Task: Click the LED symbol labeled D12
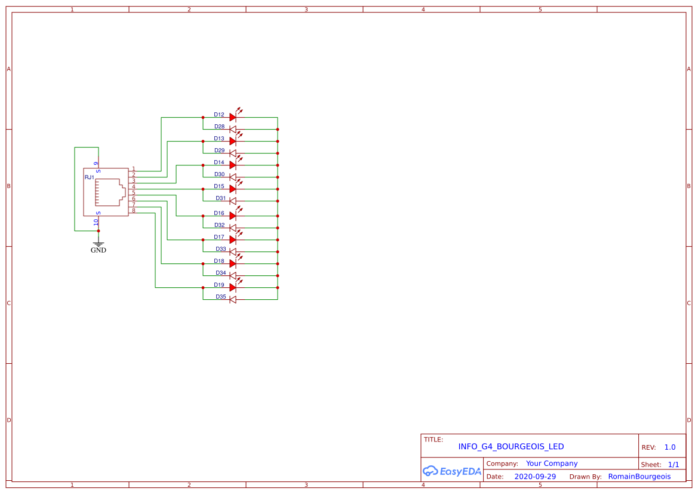click(x=233, y=118)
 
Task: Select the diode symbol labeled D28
click(x=233, y=130)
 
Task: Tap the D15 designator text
click(x=219, y=186)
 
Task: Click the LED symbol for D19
click(x=233, y=288)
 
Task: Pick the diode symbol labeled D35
click(x=233, y=300)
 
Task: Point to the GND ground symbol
click(x=99, y=244)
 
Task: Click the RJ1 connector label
click(x=89, y=177)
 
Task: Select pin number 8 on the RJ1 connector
click(x=134, y=211)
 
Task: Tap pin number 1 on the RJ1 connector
click(x=134, y=169)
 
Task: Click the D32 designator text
click(x=220, y=225)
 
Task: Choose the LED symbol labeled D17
click(x=233, y=240)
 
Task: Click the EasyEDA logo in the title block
click(x=451, y=471)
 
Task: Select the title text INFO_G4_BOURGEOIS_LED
click(x=511, y=447)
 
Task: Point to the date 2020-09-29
click(x=534, y=477)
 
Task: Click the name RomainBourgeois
click(x=639, y=477)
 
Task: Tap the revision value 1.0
click(x=669, y=447)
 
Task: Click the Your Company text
click(x=551, y=464)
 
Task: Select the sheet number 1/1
click(x=673, y=464)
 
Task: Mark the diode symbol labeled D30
click(x=233, y=177)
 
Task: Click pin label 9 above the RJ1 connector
click(x=96, y=163)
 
